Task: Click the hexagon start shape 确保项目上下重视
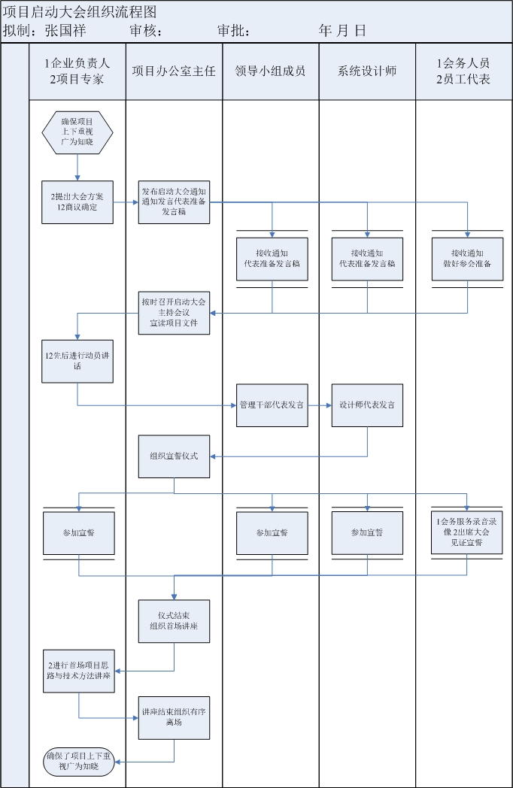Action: pyautogui.click(x=77, y=132)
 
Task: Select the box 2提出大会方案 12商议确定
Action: pyautogui.click(x=77, y=202)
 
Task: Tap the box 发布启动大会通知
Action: pyautogui.click(x=174, y=202)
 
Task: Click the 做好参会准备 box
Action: pyautogui.click(x=467, y=259)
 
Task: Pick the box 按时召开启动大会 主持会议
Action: pyautogui.click(x=174, y=312)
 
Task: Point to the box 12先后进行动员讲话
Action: pyautogui.click(x=77, y=360)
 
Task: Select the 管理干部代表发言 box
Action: pyautogui.click(x=272, y=405)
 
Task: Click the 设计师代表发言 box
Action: pyautogui.click(x=367, y=405)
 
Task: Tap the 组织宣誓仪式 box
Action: pyautogui.click(x=174, y=456)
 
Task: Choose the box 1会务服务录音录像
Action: pyautogui.click(x=467, y=532)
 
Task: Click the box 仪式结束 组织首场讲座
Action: pyautogui.click(x=174, y=620)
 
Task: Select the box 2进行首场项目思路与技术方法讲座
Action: pyautogui.click(x=77, y=671)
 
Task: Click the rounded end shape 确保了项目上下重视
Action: pyautogui.click(x=77, y=761)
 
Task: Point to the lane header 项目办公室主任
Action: pyautogui.click(x=174, y=71)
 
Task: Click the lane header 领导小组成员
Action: pyautogui.click(x=271, y=71)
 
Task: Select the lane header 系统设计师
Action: pyautogui.click(x=367, y=71)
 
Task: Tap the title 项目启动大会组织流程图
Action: pyautogui.click(x=80, y=11)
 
